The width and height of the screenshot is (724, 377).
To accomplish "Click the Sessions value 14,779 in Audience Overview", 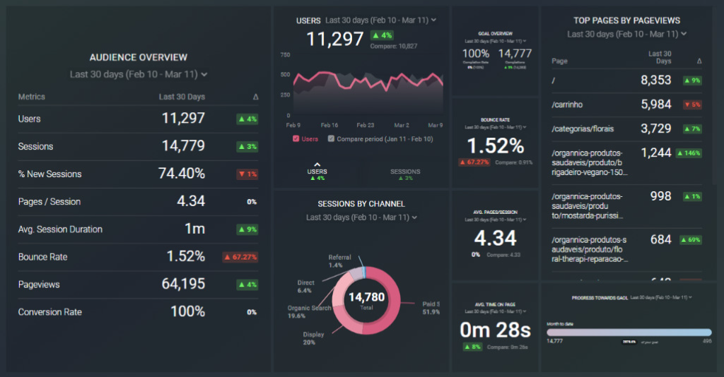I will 183,146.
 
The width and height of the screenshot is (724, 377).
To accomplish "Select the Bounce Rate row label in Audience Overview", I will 43,257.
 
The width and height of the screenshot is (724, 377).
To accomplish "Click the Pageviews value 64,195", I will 183,285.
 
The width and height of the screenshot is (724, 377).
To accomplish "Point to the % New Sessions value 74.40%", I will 181,174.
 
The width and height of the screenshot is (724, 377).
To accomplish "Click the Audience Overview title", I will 139,57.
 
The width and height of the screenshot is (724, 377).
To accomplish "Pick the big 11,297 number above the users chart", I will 335,40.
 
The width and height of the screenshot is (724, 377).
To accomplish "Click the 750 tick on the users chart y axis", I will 286,54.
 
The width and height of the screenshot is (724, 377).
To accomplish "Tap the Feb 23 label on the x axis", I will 366,124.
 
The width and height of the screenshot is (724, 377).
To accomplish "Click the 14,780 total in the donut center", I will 366,297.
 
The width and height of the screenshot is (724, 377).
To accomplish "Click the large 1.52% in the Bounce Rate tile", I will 495,146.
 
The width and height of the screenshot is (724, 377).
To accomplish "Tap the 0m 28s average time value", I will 495,330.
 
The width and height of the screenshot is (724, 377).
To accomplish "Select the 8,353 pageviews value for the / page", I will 655,80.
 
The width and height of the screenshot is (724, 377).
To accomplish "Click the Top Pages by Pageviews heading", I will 626,20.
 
